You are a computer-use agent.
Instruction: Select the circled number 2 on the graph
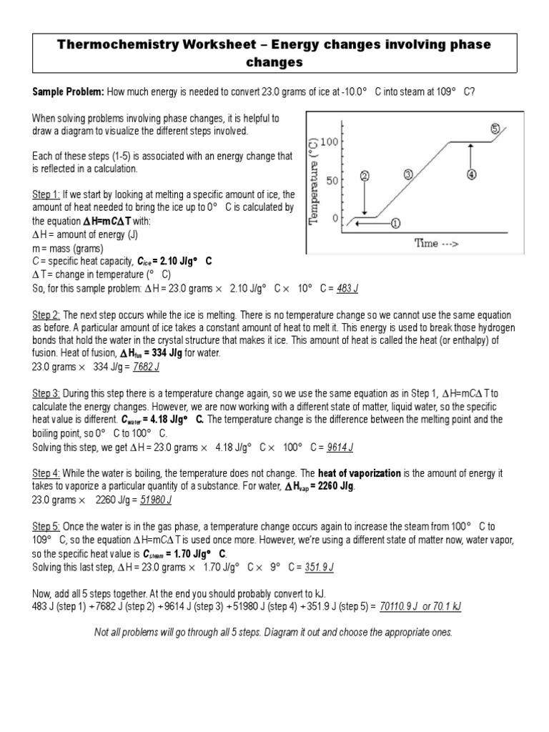point(365,176)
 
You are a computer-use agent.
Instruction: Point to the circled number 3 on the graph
point(408,174)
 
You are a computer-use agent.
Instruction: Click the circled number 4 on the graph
point(471,174)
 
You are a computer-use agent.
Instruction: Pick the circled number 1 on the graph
point(395,222)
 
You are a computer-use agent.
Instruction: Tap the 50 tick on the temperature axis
point(331,180)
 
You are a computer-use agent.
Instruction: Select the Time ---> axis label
point(437,243)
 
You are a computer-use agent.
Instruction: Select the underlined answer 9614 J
point(340,447)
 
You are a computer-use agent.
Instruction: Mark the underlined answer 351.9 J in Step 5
point(320,567)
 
